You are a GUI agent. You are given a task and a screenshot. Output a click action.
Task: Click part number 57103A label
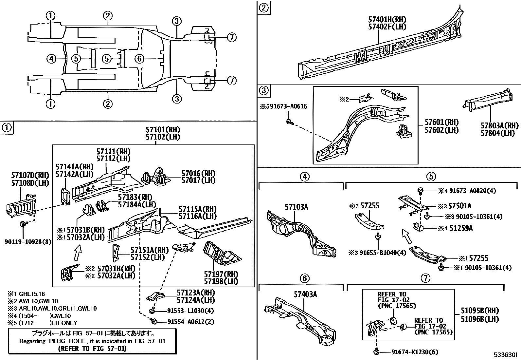(296, 207)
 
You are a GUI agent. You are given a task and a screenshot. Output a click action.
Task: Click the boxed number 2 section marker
(264, 7)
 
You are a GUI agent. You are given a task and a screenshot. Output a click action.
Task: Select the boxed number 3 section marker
(264, 90)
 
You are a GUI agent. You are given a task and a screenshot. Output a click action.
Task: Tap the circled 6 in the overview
(140, 59)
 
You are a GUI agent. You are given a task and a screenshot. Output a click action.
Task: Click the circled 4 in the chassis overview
(51, 59)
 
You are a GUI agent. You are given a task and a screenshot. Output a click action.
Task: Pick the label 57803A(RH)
(499, 126)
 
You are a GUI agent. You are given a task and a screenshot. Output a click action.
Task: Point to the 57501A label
(459, 206)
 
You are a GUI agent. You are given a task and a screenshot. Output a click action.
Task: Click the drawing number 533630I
(505, 354)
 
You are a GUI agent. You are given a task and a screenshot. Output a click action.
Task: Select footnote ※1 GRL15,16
(26, 294)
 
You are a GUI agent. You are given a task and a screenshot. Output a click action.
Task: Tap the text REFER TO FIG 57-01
(92, 349)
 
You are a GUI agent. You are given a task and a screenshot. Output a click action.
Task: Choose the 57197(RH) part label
(221, 274)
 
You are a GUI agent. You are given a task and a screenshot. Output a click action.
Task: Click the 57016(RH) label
(199, 173)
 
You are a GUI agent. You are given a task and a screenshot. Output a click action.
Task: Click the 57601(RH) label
(442, 123)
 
